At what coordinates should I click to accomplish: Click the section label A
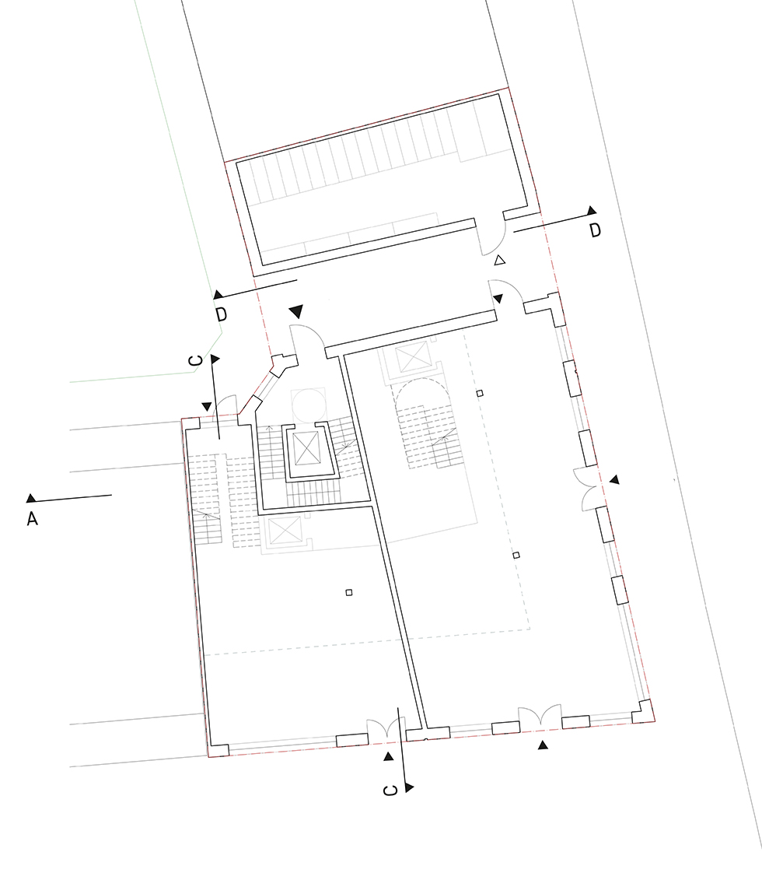[33, 518]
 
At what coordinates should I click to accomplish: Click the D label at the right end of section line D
[595, 230]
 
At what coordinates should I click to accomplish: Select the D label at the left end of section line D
[221, 314]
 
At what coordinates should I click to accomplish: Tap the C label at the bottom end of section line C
[391, 790]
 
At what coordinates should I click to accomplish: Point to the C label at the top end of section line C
[195, 359]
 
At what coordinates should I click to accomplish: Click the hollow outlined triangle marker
[500, 261]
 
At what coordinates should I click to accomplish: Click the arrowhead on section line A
[31, 498]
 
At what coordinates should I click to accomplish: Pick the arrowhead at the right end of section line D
[592, 210]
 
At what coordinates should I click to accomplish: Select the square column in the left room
[349, 592]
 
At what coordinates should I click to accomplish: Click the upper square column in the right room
[480, 393]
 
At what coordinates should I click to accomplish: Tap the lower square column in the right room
[516, 555]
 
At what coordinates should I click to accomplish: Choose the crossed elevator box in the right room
[411, 359]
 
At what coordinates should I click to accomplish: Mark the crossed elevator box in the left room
[284, 531]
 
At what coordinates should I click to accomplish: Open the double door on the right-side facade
[588, 488]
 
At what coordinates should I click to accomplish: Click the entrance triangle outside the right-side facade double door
[613, 480]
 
